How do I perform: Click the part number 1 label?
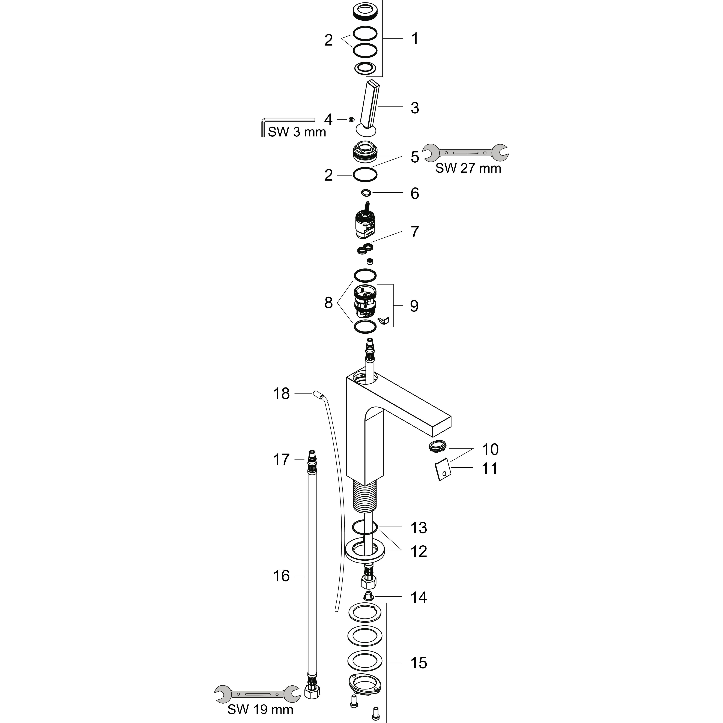tap(415, 38)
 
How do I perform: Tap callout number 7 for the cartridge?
tap(415, 232)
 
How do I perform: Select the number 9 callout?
tap(414, 306)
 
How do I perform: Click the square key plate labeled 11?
tap(443, 470)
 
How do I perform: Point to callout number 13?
tap(419, 528)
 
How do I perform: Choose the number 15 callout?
tap(419, 663)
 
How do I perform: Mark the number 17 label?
tap(281, 459)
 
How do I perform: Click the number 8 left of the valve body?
tap(328, 303)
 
